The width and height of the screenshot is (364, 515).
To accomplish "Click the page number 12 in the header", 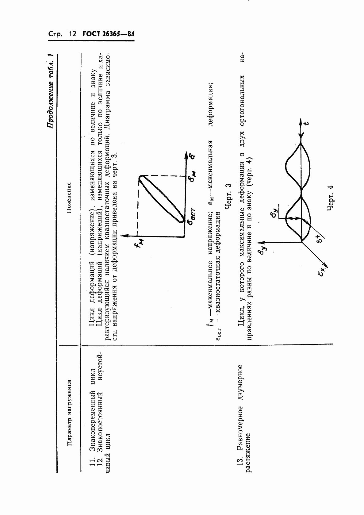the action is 72,34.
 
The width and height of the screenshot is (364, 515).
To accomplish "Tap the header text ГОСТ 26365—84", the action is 109,34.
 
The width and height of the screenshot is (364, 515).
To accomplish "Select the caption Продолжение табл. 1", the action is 50,91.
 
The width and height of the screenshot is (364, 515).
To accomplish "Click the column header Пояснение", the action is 69,198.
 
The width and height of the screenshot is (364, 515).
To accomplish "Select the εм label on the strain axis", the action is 192,176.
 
